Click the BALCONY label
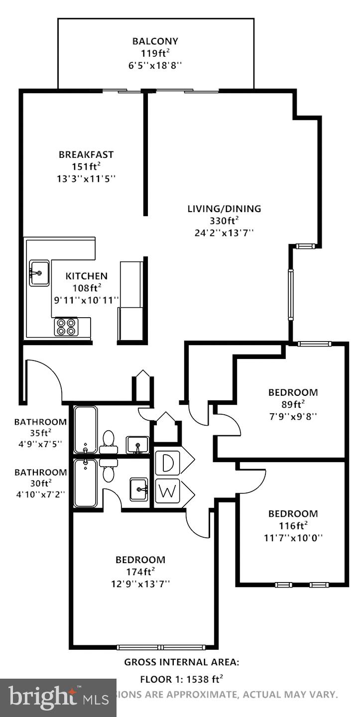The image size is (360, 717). pyautogui.click(x=155, y=41)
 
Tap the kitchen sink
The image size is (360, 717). pyautogui.click(x=39, y=273)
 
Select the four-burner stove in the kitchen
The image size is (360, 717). pyautogui.click(x=66, y=326)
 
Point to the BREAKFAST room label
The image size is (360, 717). pyautogui.click(x=86, y=154)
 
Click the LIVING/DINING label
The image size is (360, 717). pyautogui.click(x=224, y=209)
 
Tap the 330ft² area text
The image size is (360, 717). pyautogui.click(x=224, y=221)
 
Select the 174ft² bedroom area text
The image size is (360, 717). pyautogui.click(x=140, y=572)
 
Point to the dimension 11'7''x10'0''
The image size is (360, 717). pyautogui.click(x=293, y=538)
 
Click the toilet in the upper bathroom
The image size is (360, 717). pyautogui.click(x=108, y=441)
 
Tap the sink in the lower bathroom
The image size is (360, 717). pyautogui.click(x=138, y=489)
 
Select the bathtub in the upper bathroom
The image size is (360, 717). pyautogui.click(x=86, y=429)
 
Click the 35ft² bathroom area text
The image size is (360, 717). pyautogui.click(x=40, y=433)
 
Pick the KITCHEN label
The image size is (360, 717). pyautogui.click(x=86, y=276)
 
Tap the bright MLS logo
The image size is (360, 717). pyautogui.click(x=58, y=698)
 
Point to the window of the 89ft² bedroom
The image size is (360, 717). pyautogui.click(x=315, y=344)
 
